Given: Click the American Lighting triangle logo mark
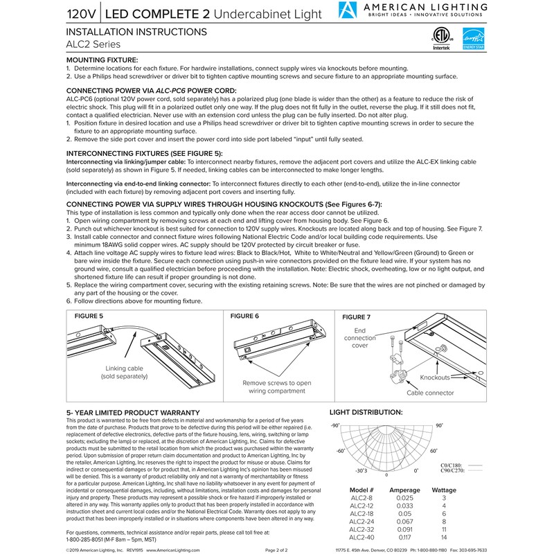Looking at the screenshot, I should pos(348,11).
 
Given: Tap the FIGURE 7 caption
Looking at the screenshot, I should pos(357,317).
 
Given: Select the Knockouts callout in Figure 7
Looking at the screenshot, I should pos(437,377).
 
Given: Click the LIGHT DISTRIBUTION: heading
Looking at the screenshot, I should pos(366,411).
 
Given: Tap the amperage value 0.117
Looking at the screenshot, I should pos(404,537).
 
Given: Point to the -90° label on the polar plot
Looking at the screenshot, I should pos(336,425).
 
